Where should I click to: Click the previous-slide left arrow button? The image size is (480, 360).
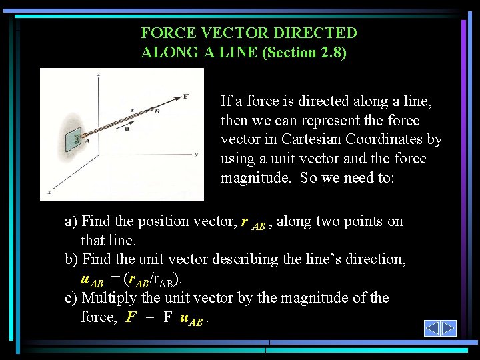coord(432,328)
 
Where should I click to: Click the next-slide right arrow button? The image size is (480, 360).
coord(449,328)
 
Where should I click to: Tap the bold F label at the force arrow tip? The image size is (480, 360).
coord(185,96)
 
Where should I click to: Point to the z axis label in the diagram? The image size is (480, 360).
coord(98,73)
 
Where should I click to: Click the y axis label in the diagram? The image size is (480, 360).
coord(195,155)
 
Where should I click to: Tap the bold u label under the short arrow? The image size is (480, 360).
coord(126,129)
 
